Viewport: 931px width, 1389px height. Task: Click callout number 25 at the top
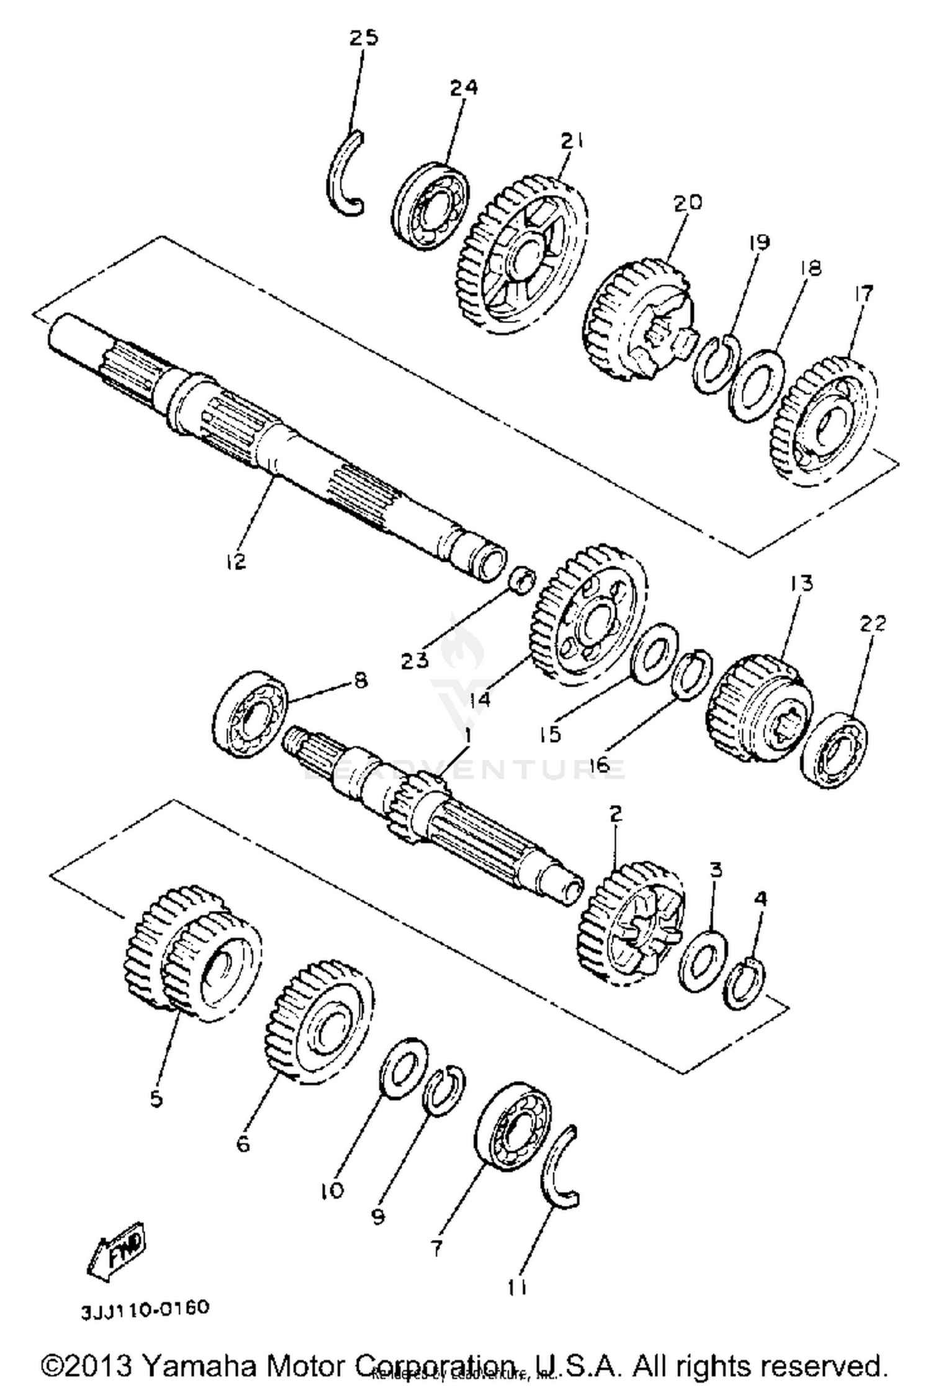(363, 38)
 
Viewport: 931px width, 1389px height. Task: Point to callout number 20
(686, 202)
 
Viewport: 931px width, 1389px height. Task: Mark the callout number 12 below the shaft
(236, 561)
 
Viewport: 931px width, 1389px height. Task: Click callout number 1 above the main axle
(467, 737)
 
